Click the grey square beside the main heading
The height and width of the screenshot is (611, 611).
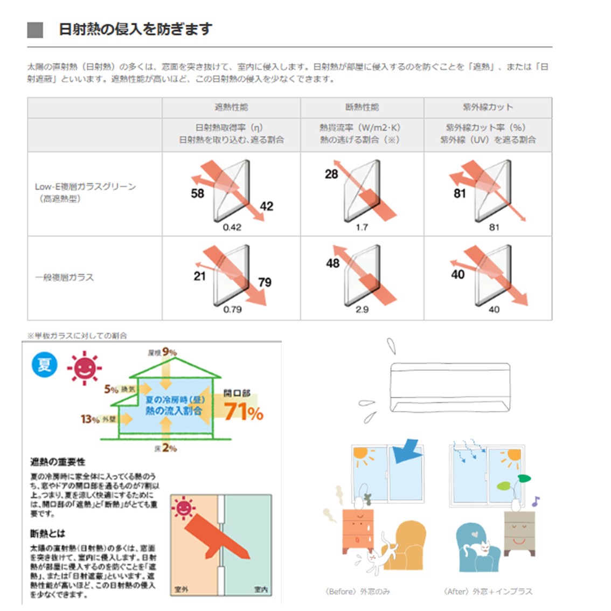click(x=35, y=30)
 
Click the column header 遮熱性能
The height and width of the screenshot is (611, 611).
click(x=231, y=107)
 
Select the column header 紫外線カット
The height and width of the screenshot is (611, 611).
click(x=488, y=107)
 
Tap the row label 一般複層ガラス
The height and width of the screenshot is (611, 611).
click(x=65, y=277)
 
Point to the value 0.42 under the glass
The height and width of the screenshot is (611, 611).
click(x=232, y=227)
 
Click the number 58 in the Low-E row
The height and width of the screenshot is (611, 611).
click(x=198, y=193)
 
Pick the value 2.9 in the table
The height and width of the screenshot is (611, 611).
click(x=362, y=310)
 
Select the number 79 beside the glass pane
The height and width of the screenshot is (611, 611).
click(x=265, y=282)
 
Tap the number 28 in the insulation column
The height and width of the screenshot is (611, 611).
click(x=331, y=174)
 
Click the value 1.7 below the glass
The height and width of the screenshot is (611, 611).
click(x=362, y=227)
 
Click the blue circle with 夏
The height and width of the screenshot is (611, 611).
click(x=44, y=365)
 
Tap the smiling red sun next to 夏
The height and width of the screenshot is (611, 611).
click(x=84, y=369)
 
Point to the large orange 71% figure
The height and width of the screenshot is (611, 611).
click(x=244, y=412)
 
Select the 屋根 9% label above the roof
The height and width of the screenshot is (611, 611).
click(x=162, y=352)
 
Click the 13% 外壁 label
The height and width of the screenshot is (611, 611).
click(x=98, y=419)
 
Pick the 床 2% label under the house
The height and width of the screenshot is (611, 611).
click(x=166, y=448)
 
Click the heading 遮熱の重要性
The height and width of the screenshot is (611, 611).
click(x=58, y=462)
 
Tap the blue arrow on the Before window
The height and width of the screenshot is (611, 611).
click(x=406, y=452)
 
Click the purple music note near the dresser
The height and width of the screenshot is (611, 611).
click(x=535, y=502)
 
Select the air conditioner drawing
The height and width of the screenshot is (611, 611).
click(x=449, y=386)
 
